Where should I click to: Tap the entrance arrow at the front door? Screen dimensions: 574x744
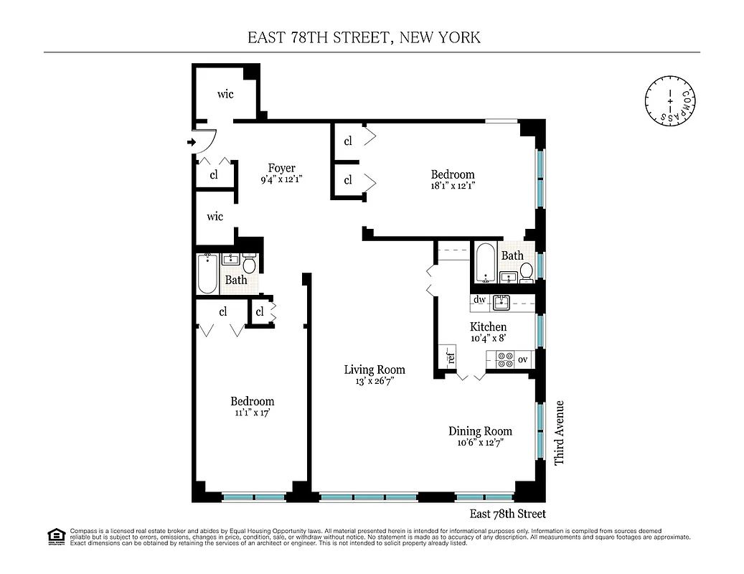(x=191, y=142)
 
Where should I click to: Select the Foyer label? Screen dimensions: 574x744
(x=281, y=169)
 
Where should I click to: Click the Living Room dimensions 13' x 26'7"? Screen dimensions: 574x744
(x=375, y=382)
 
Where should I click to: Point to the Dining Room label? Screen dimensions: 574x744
(x=480, y=431)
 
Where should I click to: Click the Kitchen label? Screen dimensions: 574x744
(x=488, y=327)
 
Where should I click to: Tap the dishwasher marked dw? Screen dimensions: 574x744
(x=480, y=300)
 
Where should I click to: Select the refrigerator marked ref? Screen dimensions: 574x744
(x=451, y=356)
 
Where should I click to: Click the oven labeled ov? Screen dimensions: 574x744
(x=522, y=359)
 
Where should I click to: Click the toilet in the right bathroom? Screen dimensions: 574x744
(x=526, y=271)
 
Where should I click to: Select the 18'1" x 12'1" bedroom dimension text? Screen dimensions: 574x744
(x=452, y=185)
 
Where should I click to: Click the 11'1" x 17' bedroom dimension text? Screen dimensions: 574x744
(x=252, y=413)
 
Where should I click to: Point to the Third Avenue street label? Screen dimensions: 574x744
(x=559, y=432)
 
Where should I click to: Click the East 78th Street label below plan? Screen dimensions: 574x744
(x=507, y=514)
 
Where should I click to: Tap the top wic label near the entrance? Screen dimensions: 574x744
(x=225, y=94)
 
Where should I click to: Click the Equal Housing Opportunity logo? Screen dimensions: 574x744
(x=56, y=535)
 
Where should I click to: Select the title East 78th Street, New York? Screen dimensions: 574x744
(x=364, y=37)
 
